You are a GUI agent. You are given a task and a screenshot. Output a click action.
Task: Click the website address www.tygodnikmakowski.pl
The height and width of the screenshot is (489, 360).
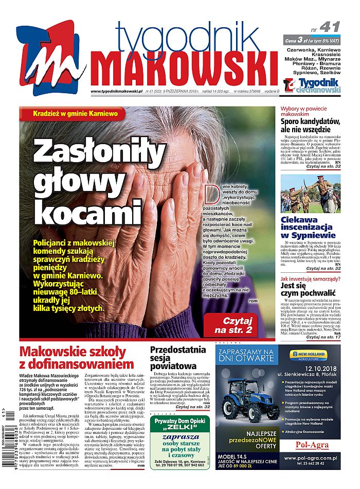point(116,92)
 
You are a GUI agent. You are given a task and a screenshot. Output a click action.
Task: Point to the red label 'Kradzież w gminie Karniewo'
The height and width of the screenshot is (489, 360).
point(75,113)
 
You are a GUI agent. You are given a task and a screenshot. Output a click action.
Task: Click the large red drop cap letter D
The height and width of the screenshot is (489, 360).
point(210,194)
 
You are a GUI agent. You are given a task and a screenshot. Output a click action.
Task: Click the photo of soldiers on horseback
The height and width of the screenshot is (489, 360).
point(310,194)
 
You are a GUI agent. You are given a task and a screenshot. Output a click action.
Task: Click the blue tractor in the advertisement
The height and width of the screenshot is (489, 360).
point(247,398)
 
